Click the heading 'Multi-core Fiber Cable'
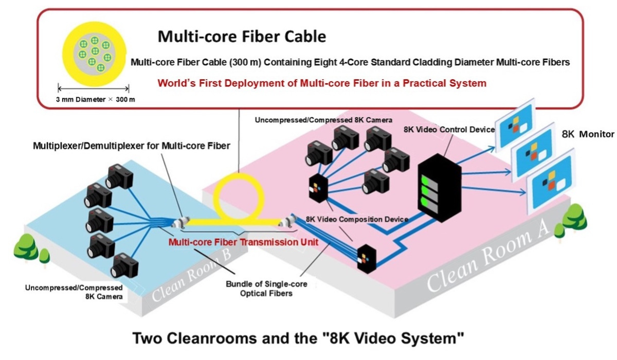tap(241, 37)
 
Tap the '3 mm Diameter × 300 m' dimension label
tap(96, 99)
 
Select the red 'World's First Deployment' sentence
tap(321, 82)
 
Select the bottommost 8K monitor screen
tap(551, 184)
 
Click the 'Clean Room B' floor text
tap(196, 274)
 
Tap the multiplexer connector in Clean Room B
tap(182, 223)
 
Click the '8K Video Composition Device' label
tap(357, 219)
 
